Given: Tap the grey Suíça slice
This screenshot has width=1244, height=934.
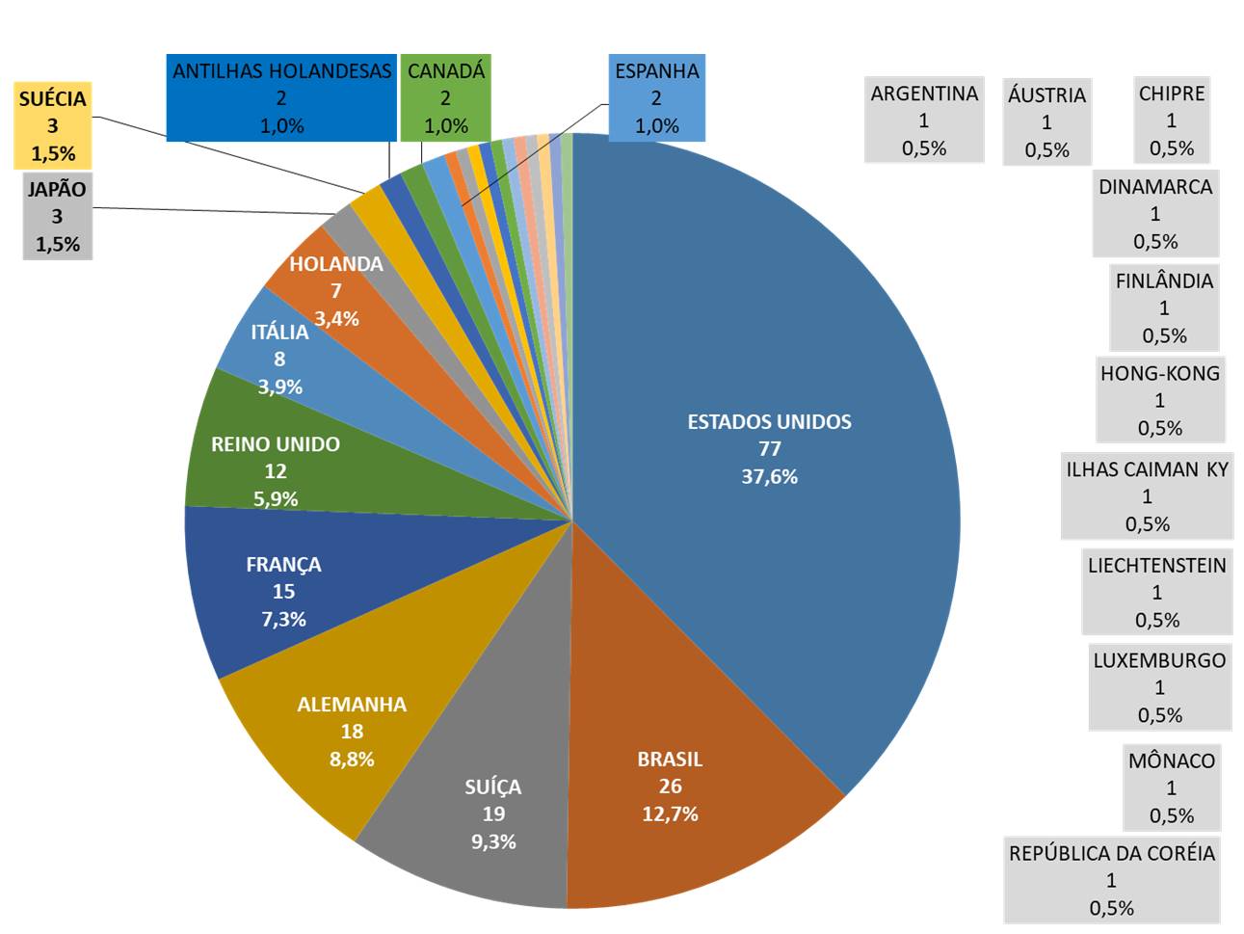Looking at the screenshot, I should [491, 814].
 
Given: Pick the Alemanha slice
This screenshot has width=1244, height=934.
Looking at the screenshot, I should [352, 731].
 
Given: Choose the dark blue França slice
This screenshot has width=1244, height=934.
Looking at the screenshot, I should [283, 591].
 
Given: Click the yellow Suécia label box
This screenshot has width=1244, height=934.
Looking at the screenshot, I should [53, 125].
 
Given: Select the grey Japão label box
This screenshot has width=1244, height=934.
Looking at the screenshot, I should [57, 217].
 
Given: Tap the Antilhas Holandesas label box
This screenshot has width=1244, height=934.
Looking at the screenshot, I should [281, 97].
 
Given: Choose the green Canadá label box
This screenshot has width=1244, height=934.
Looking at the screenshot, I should [445, 97].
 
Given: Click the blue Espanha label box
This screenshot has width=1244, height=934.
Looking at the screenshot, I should [656, 97].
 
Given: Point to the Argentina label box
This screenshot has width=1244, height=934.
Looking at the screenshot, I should [924, 120].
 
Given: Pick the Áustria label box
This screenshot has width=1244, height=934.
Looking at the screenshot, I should [1046, 121].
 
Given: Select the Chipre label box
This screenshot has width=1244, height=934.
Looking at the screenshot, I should [1171, 120].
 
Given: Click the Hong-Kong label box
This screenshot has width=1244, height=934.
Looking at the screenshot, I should [1159, 400].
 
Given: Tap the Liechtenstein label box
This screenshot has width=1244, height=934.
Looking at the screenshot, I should [1156, 592].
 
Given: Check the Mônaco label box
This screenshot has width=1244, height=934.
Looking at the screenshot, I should [1171, 787].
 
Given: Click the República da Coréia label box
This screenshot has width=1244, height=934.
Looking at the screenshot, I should [1111, 880].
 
